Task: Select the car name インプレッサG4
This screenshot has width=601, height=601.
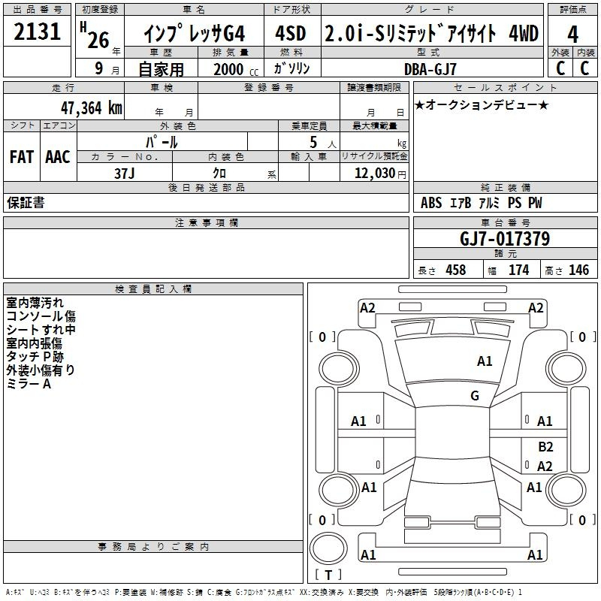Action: tap(193, 34)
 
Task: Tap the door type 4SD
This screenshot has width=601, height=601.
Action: tap(292, 34)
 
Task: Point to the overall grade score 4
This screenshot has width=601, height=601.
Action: tap(572, 34)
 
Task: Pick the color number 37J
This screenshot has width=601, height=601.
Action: tap(125, 172)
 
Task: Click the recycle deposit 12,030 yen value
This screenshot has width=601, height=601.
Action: tap(376, 173)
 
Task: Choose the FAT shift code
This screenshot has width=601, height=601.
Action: tap(22, 157)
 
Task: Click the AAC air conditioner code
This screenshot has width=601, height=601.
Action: tap(58, 157)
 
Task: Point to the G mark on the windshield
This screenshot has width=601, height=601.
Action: tap(474, 396)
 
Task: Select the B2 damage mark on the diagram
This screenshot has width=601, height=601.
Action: tap(545, 446)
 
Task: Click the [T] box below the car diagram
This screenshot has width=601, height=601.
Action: tap(328, 575)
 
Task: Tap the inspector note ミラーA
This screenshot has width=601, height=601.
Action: tap(29, 383)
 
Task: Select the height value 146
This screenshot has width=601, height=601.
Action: tap(578, 270)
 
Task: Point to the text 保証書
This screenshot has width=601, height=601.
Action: tap(26, 203)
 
